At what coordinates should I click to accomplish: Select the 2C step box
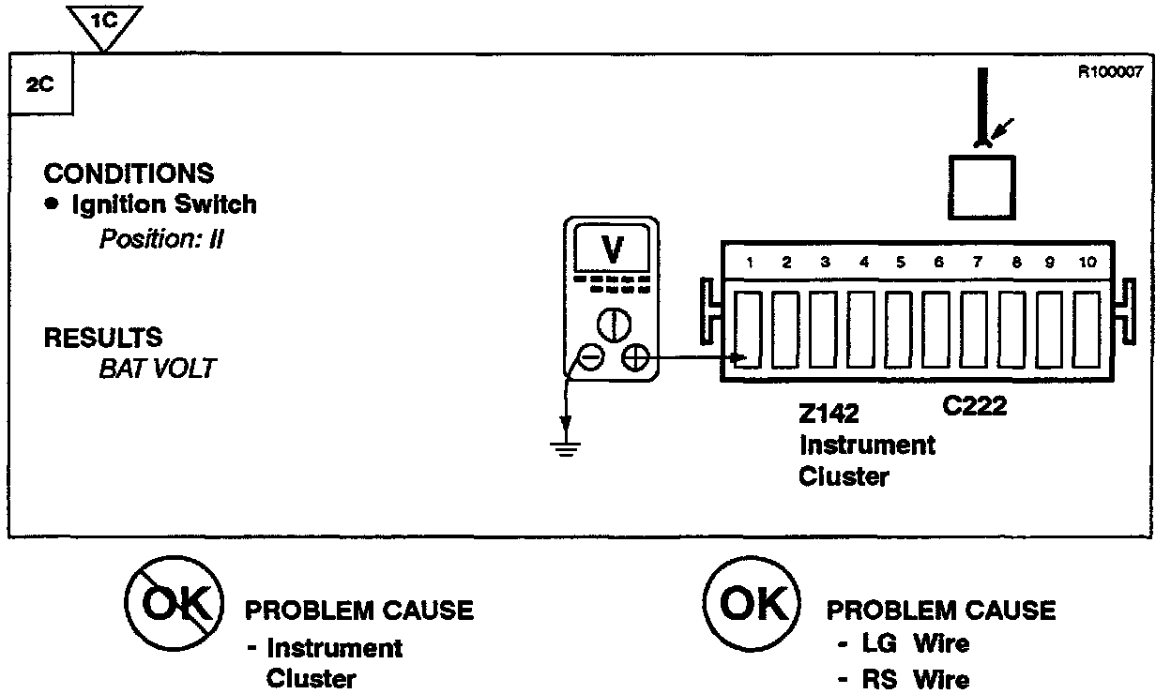tap(40, 83)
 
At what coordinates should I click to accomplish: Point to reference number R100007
tap(1110, 72)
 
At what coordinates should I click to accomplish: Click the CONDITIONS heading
tap(129, 173)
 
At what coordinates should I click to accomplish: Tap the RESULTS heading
tap(103, 338)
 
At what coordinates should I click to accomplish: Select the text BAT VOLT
tap(157, 369)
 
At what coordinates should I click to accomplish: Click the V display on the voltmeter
tap(612, 249)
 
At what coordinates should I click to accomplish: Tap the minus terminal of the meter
tap(590, 357)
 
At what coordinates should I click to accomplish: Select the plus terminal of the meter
tap(635, 357)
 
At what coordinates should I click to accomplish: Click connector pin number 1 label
tap(751, 264)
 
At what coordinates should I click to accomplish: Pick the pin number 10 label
tap(1087, 264)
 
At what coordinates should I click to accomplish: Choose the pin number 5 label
tap(900, 264)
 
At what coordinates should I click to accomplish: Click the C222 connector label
tap(973, 406)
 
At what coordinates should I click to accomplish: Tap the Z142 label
tap(829, 414)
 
